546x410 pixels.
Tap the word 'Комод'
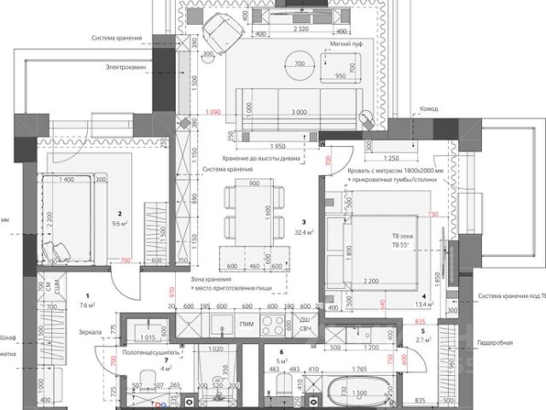428,109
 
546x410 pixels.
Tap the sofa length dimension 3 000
299,112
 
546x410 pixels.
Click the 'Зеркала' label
90,331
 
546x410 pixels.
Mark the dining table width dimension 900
253,184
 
